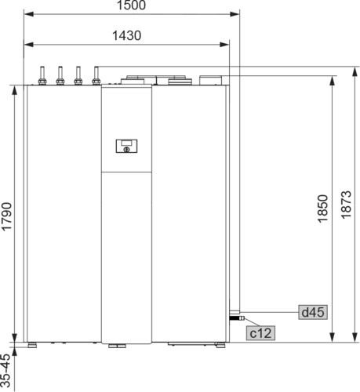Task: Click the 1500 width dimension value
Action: pos(131,5)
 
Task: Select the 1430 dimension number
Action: pos(126,35)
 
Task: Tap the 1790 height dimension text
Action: pos(6,216)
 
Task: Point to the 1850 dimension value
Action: pos(322,209)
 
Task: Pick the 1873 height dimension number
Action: pos(346,205)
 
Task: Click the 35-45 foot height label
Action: pos(5,370)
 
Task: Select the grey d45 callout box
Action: pos(313,312)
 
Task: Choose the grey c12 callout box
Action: pos(260,333)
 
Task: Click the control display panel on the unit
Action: pos(126,146)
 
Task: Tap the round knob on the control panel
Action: pos(126,150)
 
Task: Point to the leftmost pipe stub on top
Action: pos(42,75)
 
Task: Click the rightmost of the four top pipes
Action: pos(96,75)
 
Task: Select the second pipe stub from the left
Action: pos(60,75)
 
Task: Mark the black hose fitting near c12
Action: pos(237,318)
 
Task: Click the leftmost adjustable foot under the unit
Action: pos(32,345)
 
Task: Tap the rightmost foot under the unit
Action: pos(220,345)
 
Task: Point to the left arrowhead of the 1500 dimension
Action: pos(28,14)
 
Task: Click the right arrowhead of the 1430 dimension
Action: pos(224,45)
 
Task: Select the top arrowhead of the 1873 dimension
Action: pos(355,71)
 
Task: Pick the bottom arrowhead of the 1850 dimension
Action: pos(332,337)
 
